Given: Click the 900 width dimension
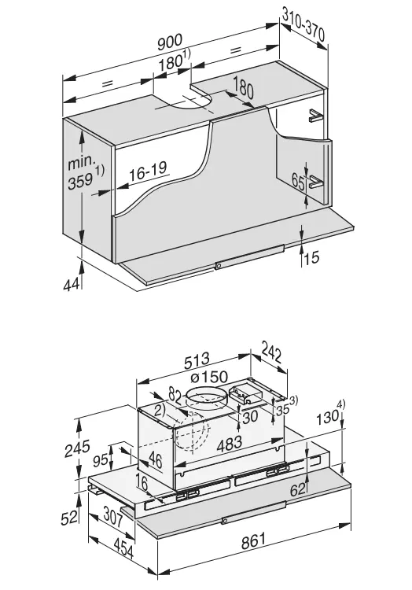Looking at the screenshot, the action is tap(170, 42).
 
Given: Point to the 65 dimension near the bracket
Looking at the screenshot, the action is tap(298, 183).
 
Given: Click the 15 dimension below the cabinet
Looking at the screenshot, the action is tap(311, 257).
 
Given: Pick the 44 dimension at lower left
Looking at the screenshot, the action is tap(72, 285).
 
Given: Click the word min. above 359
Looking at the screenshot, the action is tap(82, 162).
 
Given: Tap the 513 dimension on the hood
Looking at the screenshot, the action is tap(197, 361).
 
